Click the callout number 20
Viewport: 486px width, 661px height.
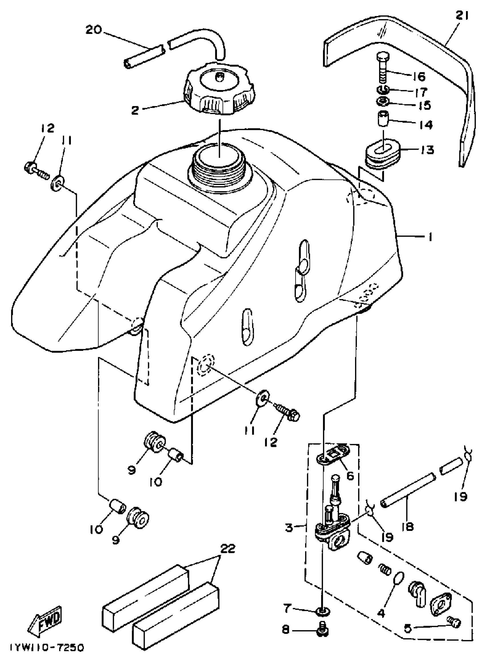(x=93, y=30)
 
